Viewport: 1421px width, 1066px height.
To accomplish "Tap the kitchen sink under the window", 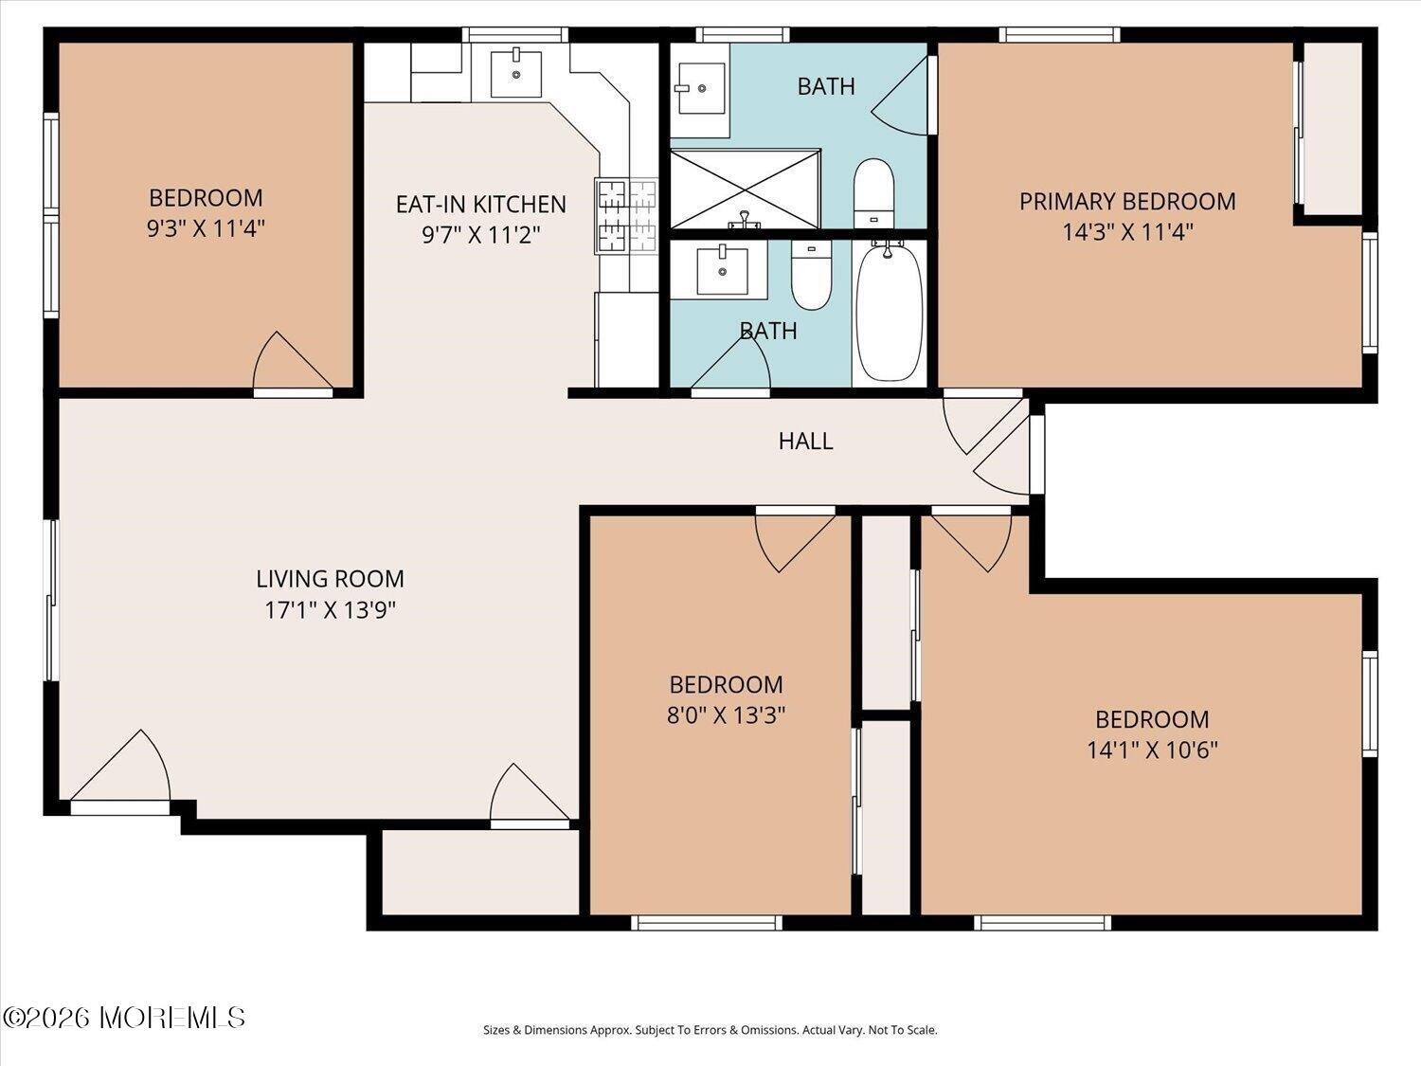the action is click(516, 74).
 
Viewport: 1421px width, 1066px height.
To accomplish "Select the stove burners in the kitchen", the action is click(626, 216).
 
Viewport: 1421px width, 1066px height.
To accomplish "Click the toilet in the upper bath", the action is click(874, 193).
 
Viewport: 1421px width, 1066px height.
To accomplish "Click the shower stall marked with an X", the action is click(746, 189).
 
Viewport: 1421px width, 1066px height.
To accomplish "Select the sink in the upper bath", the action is click(700, 88).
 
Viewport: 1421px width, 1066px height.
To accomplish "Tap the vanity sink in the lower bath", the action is click(722, 271).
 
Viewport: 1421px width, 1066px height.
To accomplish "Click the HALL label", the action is click(805, 441).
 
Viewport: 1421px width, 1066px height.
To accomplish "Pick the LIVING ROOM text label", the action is click(331, 579).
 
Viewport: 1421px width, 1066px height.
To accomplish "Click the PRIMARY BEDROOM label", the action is click(1127, 201).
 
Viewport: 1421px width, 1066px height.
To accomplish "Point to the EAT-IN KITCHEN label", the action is click(481, 204).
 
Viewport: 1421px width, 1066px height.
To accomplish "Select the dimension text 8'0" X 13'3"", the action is click(727, 715).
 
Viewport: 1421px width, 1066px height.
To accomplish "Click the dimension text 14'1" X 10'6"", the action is click(1152, 750).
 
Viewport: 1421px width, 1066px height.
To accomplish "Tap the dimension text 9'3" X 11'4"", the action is click(206, 228).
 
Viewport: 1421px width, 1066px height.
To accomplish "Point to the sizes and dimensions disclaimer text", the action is click(710, 1030).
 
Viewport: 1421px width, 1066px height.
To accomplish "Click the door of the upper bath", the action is click(901, 96).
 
